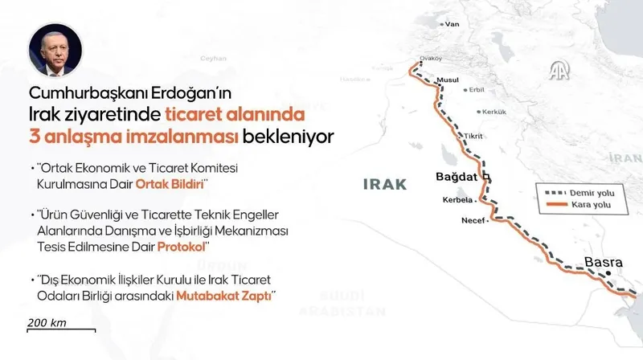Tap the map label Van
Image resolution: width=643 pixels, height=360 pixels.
453,24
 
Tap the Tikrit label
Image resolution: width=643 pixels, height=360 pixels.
475,135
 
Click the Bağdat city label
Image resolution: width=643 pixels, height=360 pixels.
456,175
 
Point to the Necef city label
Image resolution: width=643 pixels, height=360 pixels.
474,219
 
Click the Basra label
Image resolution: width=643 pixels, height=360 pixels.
602,262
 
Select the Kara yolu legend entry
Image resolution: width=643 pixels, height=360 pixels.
591,208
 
